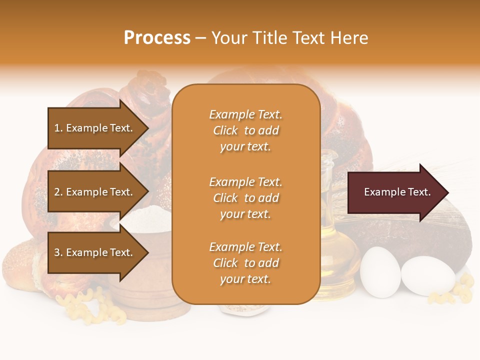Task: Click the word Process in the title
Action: click(157, 38)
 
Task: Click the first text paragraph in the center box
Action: click(245, 130)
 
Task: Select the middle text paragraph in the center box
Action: click(245, 198)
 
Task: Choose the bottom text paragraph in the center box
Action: click(245, 263)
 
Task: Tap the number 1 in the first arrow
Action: click(57, 128)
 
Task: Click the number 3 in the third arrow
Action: click(57, 252)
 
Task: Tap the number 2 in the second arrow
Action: click(57, 192)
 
